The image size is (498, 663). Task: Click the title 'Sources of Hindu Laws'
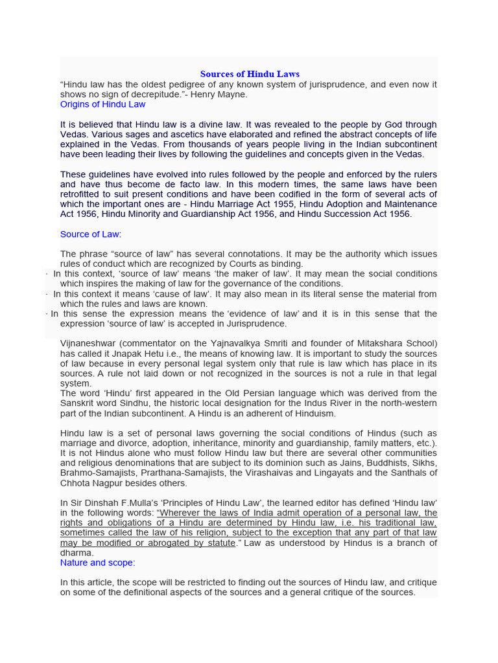click(250, 74)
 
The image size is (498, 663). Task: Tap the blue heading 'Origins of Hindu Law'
click(102, 104)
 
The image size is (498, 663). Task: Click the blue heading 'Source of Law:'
click(91, 234)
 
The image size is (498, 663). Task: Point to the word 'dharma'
click(77, 553)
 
